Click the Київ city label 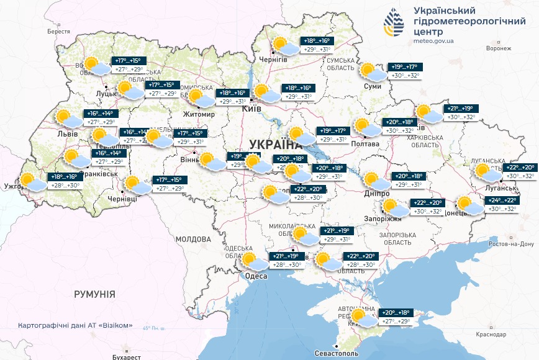[251, 108]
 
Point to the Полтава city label [366, 143]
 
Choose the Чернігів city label [273, 59]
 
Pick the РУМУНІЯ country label [94, 294]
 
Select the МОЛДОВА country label [193, 239]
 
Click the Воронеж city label [499, 48]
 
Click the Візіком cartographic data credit [75, 326]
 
